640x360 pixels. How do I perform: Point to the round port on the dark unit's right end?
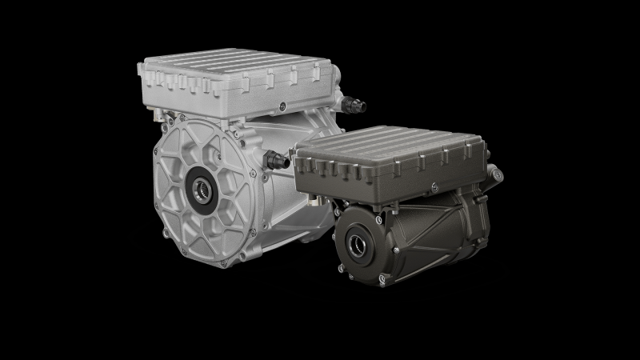[x=497, y=172]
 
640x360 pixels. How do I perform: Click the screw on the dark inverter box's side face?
[x=432, y=186]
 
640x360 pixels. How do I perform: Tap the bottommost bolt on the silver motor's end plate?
[x=210, y=257]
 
